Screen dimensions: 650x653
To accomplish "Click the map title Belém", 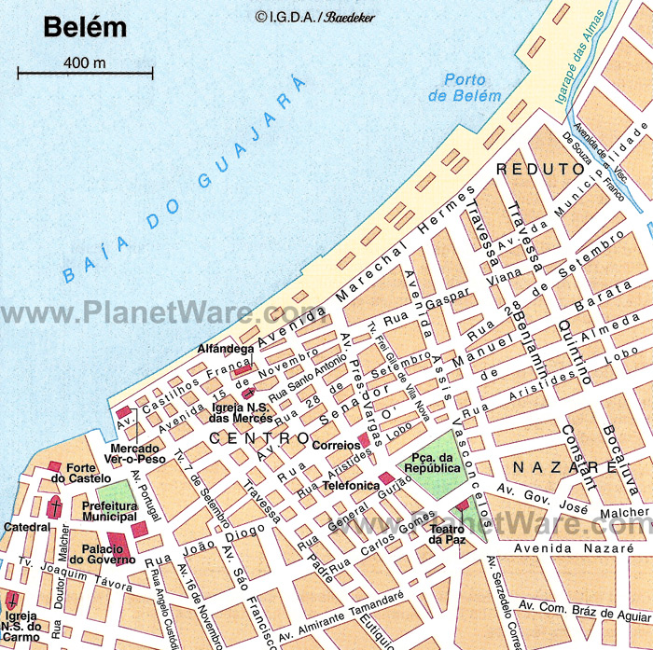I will (x=85, y=27).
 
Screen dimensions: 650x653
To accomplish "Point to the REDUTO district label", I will (x=540, y=170).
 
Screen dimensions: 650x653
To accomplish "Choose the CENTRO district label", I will (x=258, y=436).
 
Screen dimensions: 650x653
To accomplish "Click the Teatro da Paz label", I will (x=448, y=533).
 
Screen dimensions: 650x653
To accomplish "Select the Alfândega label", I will (x=225, y=349).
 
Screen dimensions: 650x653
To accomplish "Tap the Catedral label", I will (x=25, y=527).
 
